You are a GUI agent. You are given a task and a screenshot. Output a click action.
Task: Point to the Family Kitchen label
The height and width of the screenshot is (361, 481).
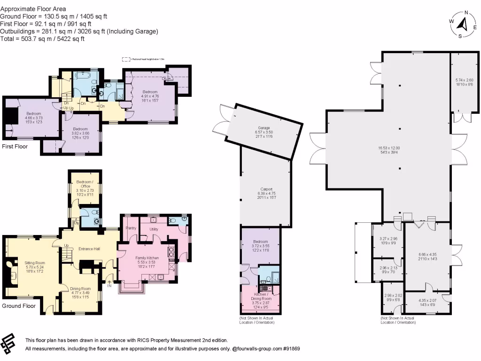click(x=147, y=258)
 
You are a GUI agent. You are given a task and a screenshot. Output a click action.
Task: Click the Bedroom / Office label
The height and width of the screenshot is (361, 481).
click(x=85, y=184)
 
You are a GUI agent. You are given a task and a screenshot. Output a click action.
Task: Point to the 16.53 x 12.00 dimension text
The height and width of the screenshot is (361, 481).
click(x=389, y=148)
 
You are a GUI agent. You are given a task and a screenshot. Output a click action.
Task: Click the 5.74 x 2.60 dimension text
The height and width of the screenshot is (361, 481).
click(x=464, y=80)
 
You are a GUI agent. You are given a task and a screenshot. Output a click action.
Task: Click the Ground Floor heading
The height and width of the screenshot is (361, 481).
click(x=19, y=306)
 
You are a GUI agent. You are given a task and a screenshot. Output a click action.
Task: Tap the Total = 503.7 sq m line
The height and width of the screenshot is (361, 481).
click(x=42, y=39)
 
